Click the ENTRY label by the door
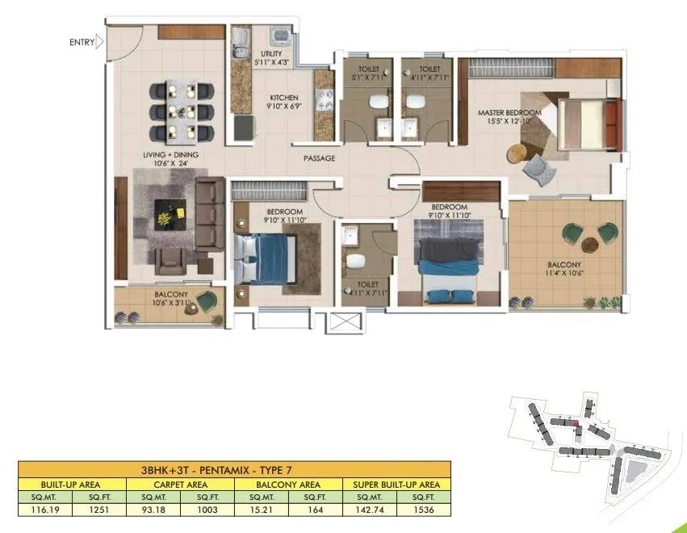click(82, 42)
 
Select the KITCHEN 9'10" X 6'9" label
click(283, 103)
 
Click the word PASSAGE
click(319, 158)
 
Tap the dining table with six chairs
click(182, 111)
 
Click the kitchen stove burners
click(325, 100)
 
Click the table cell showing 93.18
click(153, 510)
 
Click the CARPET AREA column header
click(180, 485)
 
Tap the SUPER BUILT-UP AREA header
click(397, 485)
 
